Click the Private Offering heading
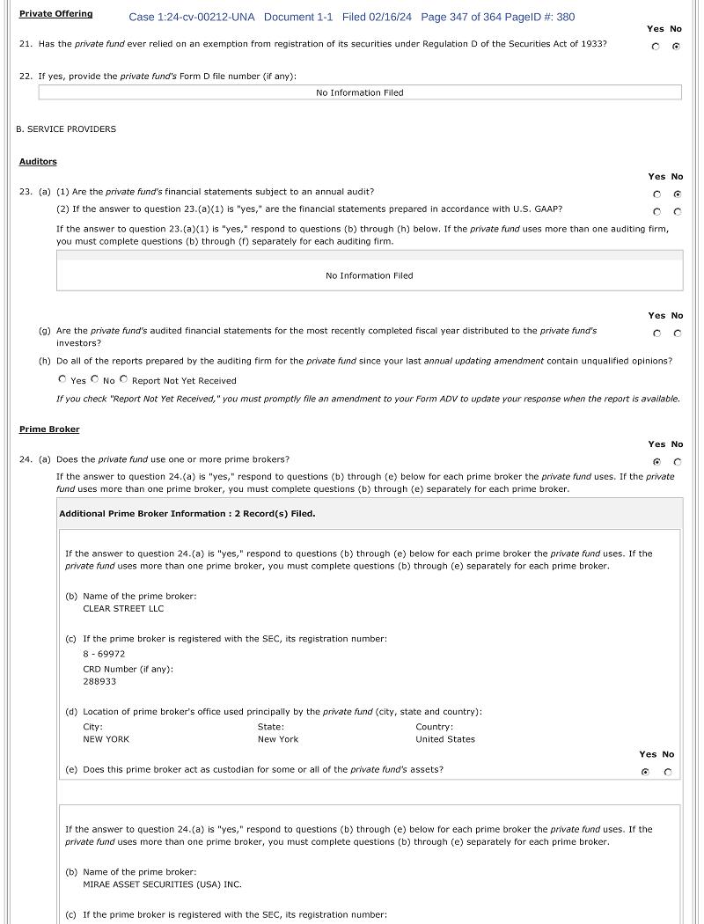(55, 14)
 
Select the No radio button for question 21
(676, 47)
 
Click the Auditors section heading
(38, 162)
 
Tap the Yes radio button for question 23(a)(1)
(656, 194)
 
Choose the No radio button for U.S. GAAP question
(677, 212)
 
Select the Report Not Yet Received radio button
(123, 380)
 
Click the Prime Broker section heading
(49, 429)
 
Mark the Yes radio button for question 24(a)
(656, 462)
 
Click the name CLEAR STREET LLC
(123, 609)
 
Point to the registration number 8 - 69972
(104, 655)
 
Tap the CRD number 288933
(99, 682)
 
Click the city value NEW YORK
(106, 739)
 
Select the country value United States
(444, 739)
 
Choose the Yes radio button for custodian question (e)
(646, 773)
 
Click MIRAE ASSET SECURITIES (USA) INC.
(162, 884)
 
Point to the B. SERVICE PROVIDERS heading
(66, 129)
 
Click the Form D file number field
(359, 92)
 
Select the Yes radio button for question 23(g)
(656, 334)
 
